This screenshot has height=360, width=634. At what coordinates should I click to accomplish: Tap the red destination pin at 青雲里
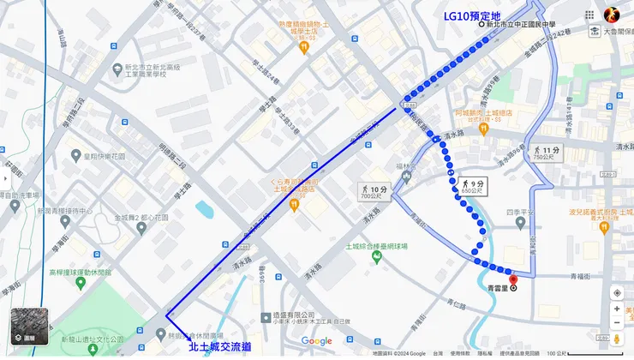tap(513, 279)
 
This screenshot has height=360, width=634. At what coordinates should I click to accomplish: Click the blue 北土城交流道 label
tap(220, 348)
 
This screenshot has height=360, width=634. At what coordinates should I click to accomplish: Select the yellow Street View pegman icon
tap(617, 341)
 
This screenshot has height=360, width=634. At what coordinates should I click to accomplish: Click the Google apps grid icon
tap(589, 15)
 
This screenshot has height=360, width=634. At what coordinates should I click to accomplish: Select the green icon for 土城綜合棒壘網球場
tap(349, 244)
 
